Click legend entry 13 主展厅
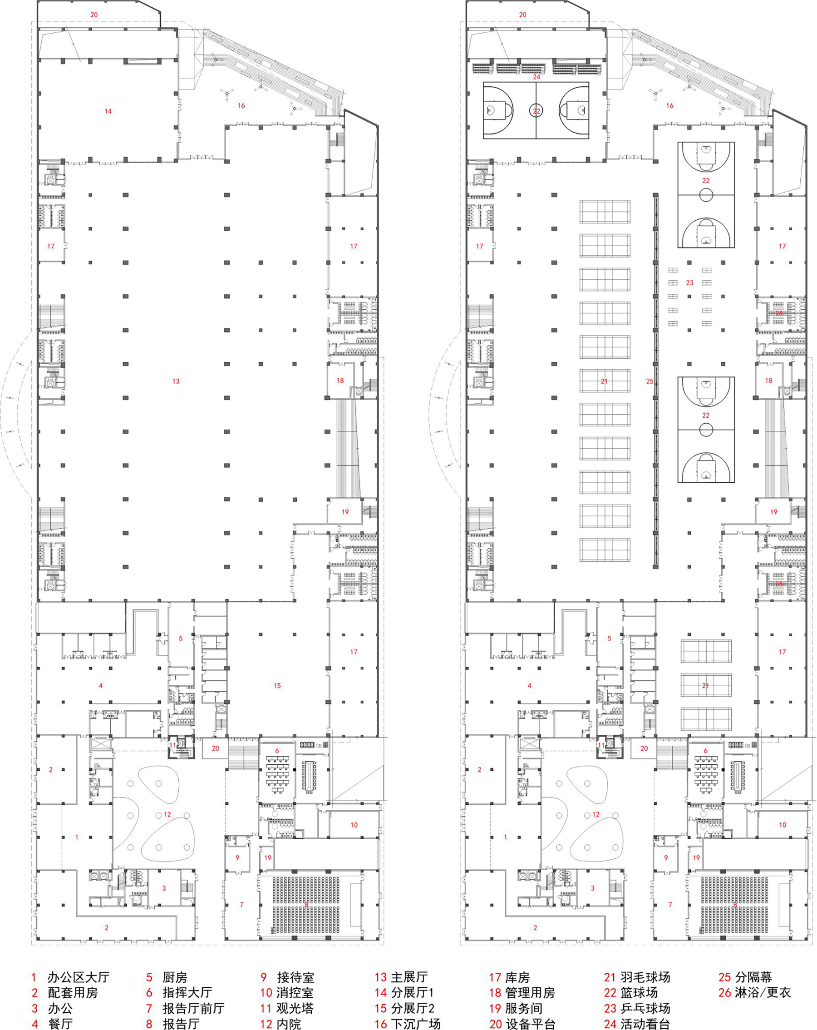(401, 977)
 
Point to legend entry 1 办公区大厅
(70, 977)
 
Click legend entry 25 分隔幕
(745, 977)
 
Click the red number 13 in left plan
(176, 381)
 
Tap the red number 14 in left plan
(108, 111)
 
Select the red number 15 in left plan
(277, 686)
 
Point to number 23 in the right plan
(689, 283)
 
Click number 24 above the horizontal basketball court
(536, 77)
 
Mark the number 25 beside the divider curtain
(650, 381)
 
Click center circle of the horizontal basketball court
(536, 111)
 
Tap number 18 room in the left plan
(340, 380)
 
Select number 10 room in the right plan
(783, 825)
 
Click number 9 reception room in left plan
(237, 857)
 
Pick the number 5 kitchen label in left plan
(181, 638)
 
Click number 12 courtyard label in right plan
(596, 814)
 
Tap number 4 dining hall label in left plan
(101, 686)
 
